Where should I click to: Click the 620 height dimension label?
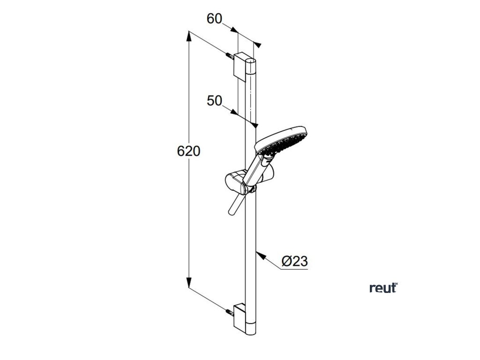(189, 151)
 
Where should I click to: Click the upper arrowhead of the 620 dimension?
(189, 36)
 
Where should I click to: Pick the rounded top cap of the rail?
(252, 61)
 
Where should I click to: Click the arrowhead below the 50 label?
(255, 125)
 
